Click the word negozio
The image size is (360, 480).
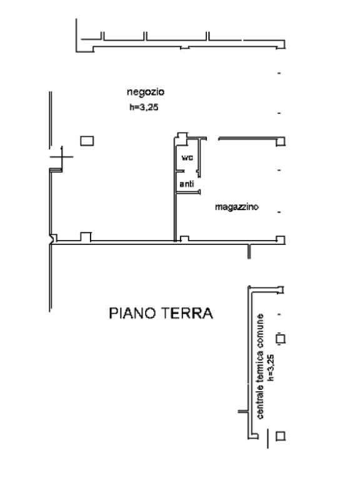tap(146, 92)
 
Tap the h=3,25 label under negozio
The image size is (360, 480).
tap(144, 107)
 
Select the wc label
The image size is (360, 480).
tap(187, 157)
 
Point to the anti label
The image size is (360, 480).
tap(187, 184)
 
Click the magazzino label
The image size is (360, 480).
tap(237, 207)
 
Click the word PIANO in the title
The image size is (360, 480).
tap(132, 313)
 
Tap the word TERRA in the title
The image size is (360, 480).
tap(187, 313)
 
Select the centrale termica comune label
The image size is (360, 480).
tap(259, 366)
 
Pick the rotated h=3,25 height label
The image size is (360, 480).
tap(271, 367)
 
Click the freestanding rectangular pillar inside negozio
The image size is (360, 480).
tap(87, 141)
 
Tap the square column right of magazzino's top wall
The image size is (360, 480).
tap(281, 142)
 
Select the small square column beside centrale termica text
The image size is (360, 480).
tap(281, 339)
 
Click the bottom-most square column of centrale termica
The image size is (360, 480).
tap(281, 436)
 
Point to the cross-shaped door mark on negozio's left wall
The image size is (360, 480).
tap(62, 157)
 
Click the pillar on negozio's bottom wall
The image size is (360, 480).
tap(86, 237)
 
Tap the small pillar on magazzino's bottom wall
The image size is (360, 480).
tap(184, 239)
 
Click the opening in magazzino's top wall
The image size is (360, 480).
tap(212, 139)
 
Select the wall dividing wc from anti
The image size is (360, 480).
tap(180, 171)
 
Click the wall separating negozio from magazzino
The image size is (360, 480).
tap(175, 190)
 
